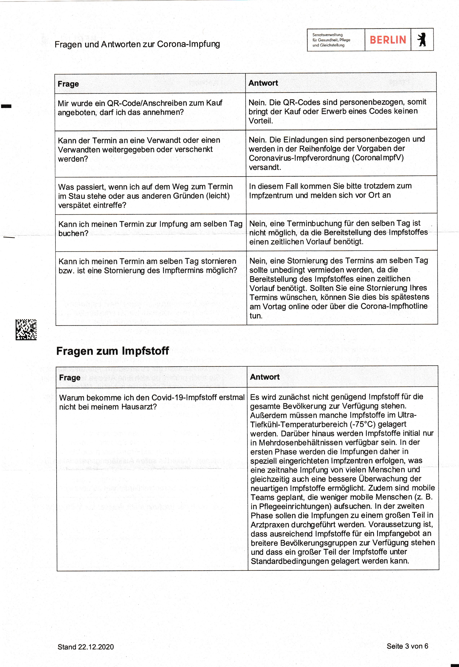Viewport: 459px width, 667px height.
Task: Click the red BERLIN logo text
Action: [387, 40]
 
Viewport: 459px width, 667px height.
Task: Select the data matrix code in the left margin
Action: [26, 329]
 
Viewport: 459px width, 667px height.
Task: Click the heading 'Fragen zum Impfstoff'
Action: [112, 351]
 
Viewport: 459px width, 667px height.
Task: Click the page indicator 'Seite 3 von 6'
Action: [407, 646]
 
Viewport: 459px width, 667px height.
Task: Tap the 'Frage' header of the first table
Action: [68, 84]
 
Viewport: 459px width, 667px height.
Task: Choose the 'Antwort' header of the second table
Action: [264, 377]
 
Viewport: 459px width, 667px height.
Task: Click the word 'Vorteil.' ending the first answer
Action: [260, 121]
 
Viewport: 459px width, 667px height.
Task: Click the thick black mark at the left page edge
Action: [6, 106]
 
